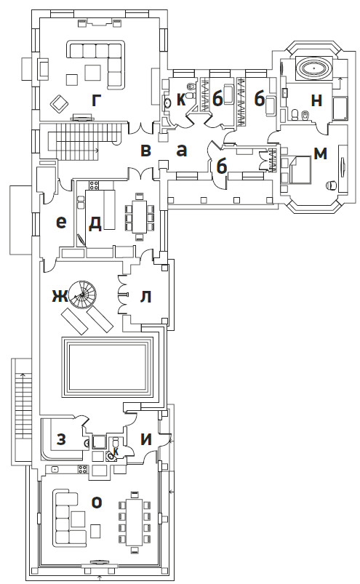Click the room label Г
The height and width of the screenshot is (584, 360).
click(96, 100)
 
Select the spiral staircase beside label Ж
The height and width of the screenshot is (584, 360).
click(84, 295)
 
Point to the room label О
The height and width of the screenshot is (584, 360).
click(97, 503)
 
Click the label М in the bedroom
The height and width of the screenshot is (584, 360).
click(320, 153)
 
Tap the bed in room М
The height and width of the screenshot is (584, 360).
click(300, 170)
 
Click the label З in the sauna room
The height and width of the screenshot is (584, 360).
click(61, 439)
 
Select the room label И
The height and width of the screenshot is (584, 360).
click(146, 439)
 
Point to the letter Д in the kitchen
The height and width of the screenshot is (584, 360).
click(95, 223)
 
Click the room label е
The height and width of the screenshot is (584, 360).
click(61, 223)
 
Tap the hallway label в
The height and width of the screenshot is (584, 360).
click(146, 151)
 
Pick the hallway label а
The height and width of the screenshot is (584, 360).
click(182, 151)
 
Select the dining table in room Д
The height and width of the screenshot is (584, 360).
click(140, 217)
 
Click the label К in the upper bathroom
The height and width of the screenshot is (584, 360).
click(181, 100)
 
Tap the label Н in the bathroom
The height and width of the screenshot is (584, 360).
click(316, 100)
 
